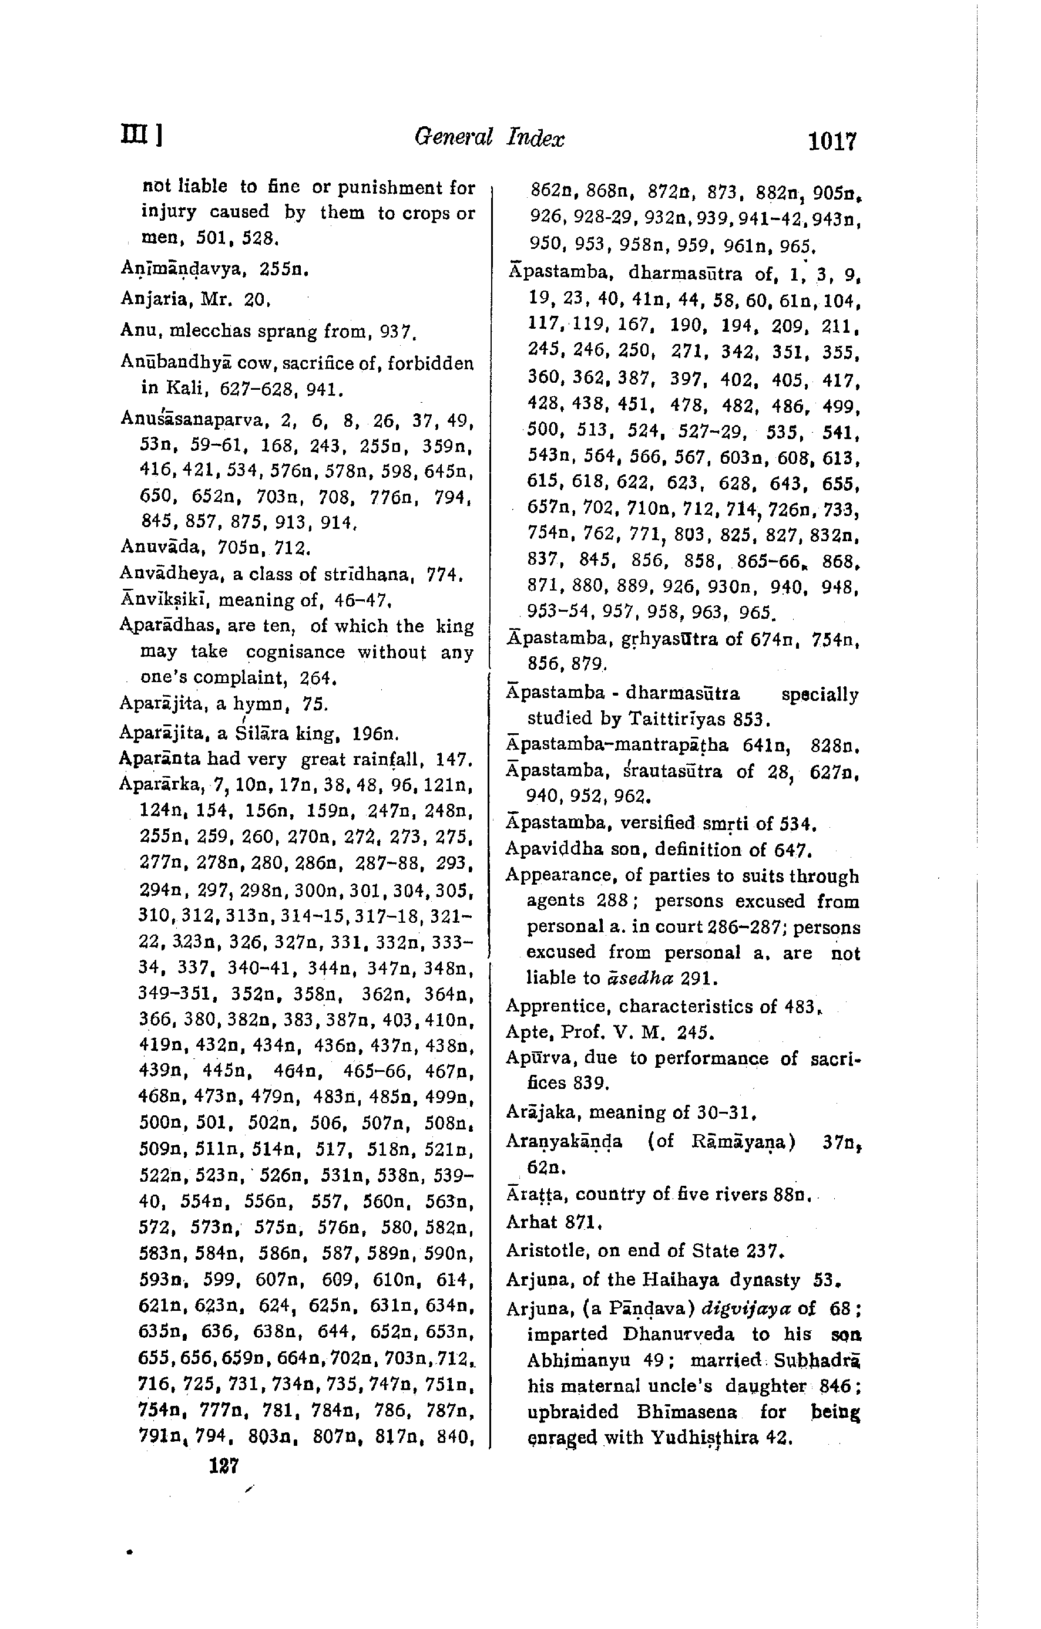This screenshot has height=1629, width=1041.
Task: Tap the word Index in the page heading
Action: click(535, 138)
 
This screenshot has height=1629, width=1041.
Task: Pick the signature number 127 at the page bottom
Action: click(224, 1466)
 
